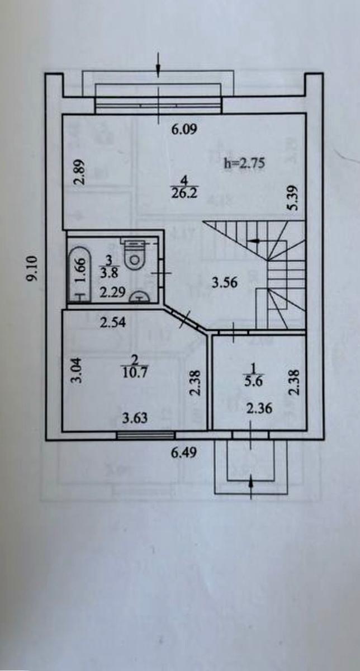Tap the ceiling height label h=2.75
pyautogui.click(x=243, y=163)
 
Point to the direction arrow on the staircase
pyautogui.click(x=254, y=241)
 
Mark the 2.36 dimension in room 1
pyautogui.click(x=259, y=409)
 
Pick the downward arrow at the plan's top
pyautogui.click(x=159, y=64)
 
